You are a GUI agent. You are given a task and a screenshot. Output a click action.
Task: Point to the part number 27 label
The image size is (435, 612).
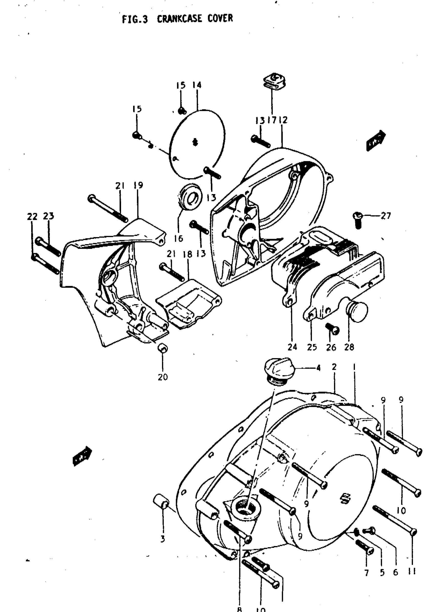pyautogui.click(x=385, y=216)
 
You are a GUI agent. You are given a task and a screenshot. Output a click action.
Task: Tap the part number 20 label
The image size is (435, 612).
pyautogui.click(x=162, y=377)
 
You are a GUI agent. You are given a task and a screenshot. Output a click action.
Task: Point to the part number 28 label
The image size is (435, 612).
pyautogui.click(x=349, y=347)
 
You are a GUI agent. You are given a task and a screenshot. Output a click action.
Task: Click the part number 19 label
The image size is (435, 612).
pyautogui.click(x=138, y=185)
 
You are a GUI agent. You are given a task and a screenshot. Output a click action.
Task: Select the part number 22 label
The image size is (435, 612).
pyautogui.click(x=32, y=216)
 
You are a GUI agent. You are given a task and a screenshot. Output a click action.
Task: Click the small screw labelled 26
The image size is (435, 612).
pyautogui.click(x=332, y=329)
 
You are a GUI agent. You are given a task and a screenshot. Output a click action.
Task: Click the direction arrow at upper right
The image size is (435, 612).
pyautogui.click(x=376, y=141)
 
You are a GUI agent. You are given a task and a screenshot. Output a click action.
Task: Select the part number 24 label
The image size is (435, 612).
pyautogui.click(x=292, y=347)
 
